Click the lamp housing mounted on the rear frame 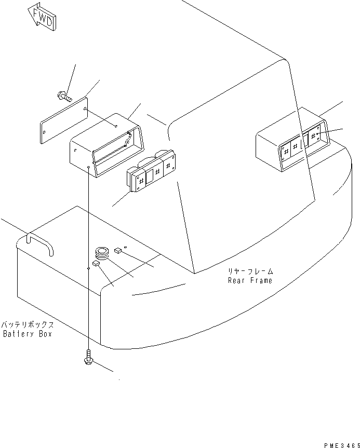(291, 140)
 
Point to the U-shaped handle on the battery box (40, 243)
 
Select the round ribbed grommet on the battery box (102, 254)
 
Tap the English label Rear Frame (249, 280)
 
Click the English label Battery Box (27, 334)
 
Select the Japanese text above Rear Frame (249, 271)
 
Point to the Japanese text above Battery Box (27, 324)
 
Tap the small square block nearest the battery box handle (96, 264)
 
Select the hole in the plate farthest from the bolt (45, 133)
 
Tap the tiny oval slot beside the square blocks (125, 240)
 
